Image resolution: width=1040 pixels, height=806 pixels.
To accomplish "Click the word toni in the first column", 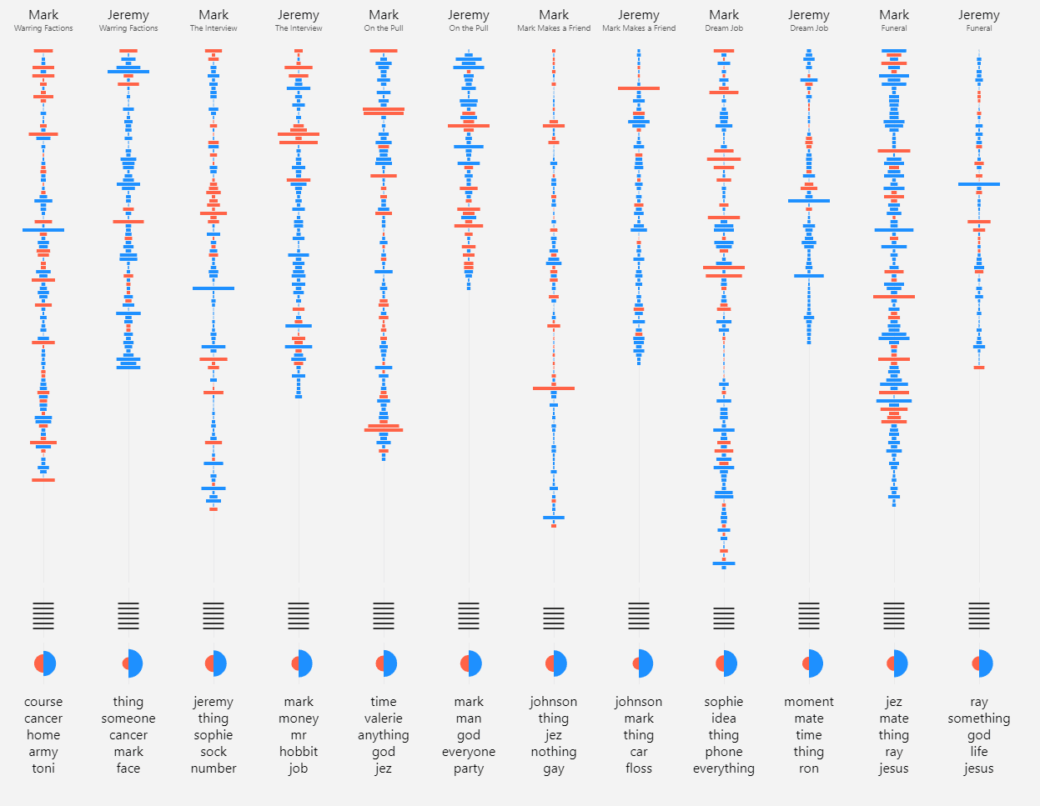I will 43,768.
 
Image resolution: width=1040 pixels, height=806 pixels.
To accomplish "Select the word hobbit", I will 299,752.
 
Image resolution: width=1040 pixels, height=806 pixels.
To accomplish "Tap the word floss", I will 639,768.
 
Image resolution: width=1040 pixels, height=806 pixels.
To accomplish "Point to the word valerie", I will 384,718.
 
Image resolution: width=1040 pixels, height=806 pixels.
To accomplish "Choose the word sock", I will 214,752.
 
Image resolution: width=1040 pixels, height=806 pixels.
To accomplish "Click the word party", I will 469,768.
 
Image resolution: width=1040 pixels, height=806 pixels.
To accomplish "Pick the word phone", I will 724,752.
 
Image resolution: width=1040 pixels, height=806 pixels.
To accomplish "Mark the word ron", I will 809,768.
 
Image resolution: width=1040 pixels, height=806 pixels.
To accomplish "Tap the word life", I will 979,752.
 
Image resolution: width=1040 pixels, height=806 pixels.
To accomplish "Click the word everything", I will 724,768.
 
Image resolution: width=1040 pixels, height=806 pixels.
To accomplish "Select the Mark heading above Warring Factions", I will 43,15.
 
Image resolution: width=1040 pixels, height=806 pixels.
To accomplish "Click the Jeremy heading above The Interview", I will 299,15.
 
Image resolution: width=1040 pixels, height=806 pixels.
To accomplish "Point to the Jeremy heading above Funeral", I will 979,15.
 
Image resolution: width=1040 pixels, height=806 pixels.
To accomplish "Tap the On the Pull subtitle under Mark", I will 384,28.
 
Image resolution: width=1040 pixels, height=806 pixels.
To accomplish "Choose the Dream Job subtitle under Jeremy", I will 809,28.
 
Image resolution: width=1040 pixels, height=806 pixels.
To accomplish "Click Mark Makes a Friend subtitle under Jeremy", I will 639,28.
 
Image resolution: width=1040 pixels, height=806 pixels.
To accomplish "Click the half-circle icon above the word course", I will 45,663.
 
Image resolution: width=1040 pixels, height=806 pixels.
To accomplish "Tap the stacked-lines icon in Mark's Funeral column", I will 894,616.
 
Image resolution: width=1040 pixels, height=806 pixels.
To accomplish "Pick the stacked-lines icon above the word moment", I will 809,616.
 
